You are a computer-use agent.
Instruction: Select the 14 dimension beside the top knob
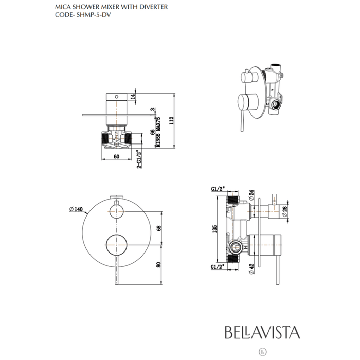133,96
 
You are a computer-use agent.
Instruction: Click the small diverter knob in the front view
118,211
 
